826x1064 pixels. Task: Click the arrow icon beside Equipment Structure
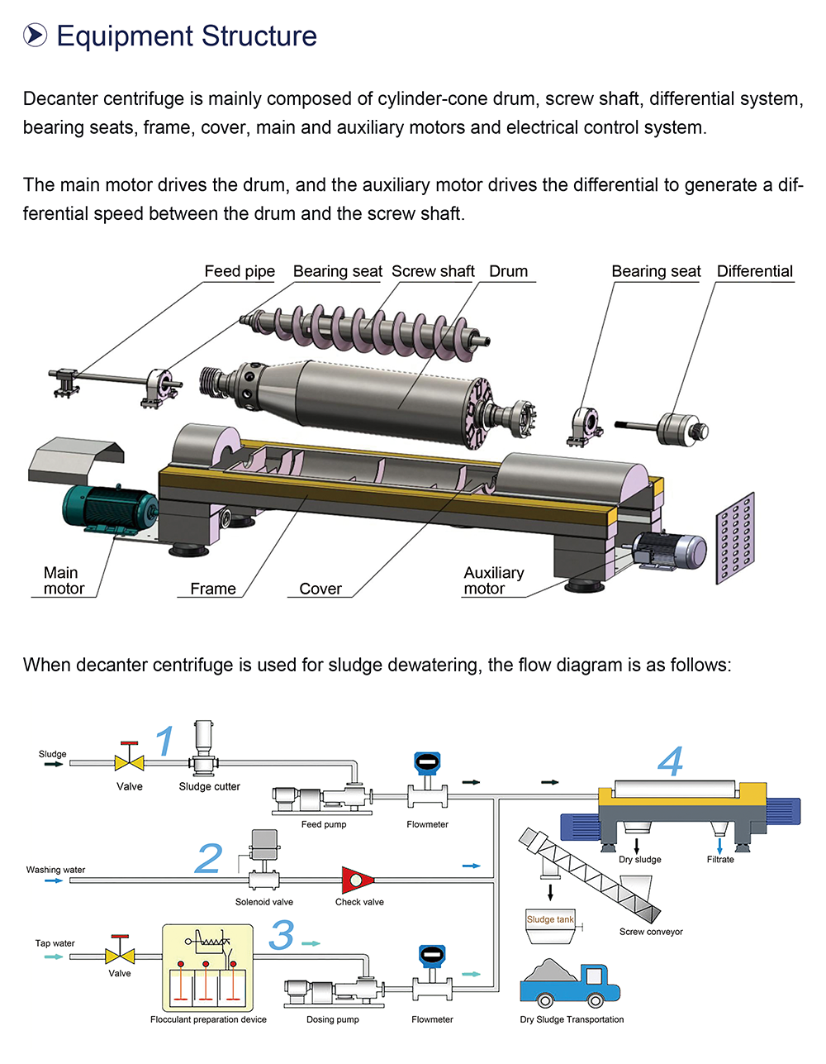[36, 36]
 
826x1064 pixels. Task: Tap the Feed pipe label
[240, 271]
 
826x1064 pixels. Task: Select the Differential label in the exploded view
[755, 271]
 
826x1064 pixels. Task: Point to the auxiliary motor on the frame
[669, 551]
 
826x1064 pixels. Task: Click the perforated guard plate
[735, 538]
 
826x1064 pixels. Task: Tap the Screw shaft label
[433, 271]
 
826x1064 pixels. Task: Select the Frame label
[213, 589]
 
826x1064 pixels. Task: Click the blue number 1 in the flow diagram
[165, 741]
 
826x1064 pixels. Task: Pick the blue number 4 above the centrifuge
[670, 761]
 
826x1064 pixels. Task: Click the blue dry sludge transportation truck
[570, 983]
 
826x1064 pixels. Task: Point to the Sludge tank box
[550, 927]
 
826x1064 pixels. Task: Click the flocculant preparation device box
[208, 968]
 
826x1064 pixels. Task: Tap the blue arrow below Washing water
[54, 880]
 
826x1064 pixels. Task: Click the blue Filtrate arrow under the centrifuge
[719, 846]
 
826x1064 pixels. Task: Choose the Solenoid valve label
[264, 902]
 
